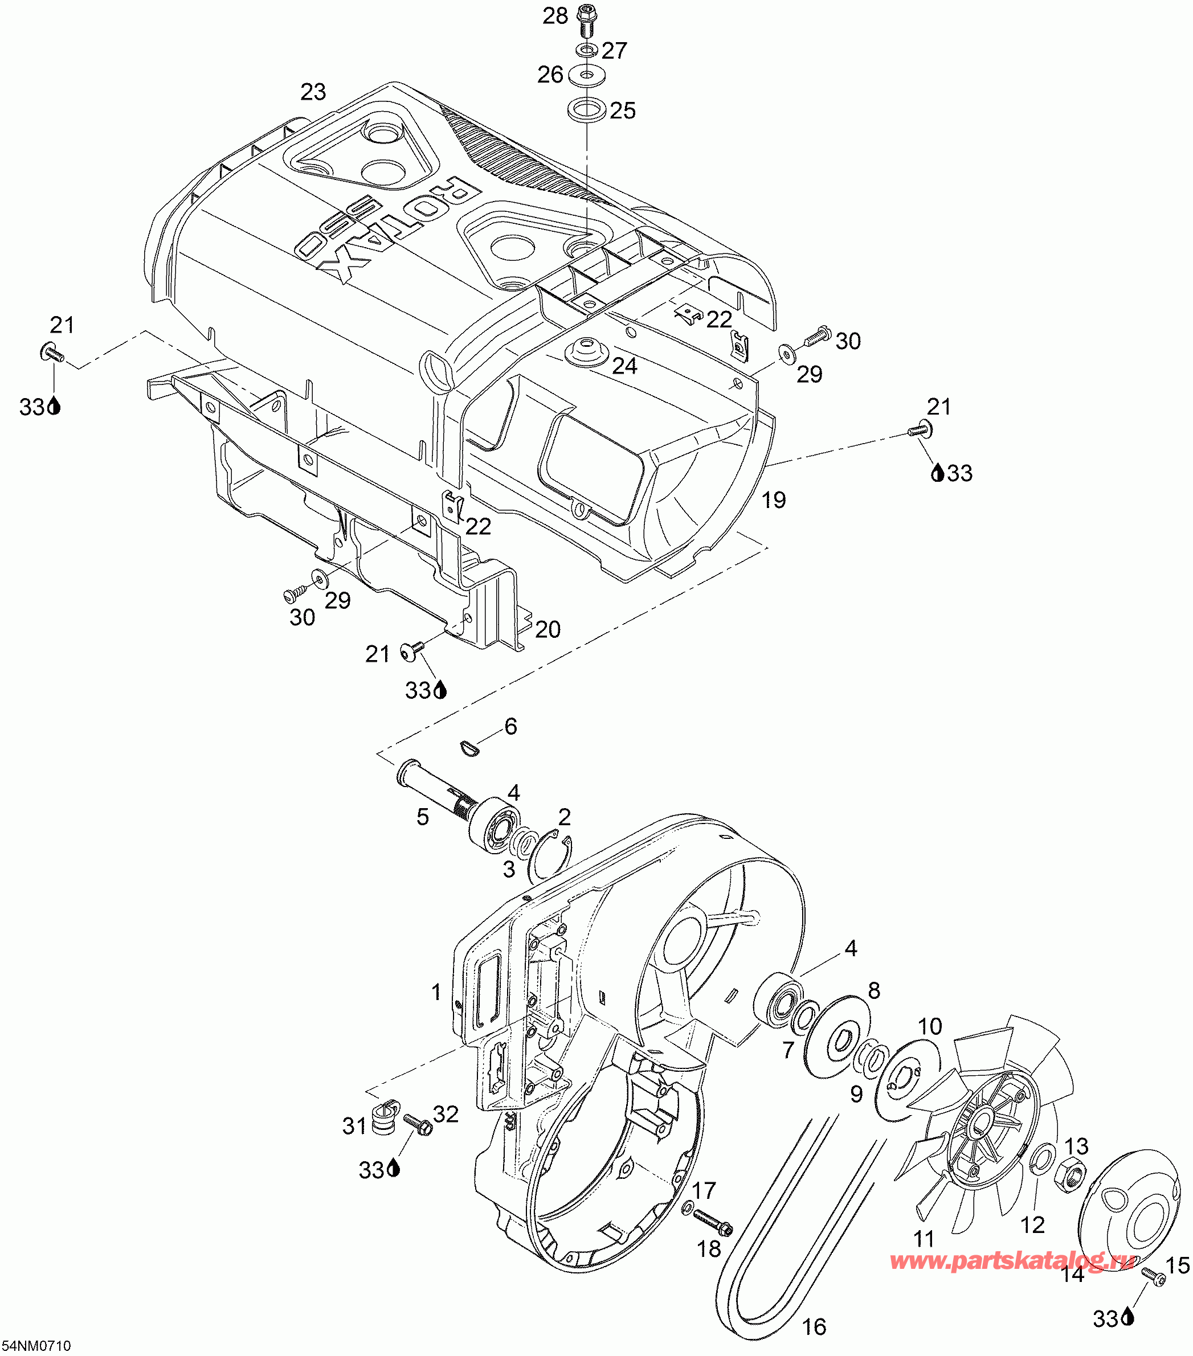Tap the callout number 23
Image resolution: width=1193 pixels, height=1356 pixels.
pos(313,92)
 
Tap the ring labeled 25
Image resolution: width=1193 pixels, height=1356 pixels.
pos(586,109)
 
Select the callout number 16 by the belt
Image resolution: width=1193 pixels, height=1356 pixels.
pos(814,1327)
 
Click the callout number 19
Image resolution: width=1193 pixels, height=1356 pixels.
pos(774,499)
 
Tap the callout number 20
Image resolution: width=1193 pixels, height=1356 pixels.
pos(548,629)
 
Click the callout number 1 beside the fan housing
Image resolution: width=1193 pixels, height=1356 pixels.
pos(436,993)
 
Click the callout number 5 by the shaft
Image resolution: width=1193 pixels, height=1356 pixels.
pos(423,817)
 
